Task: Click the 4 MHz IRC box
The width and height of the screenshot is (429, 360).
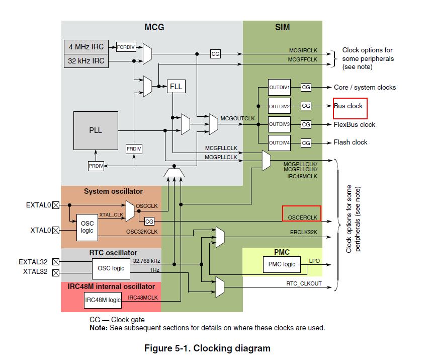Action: tap(87, 47)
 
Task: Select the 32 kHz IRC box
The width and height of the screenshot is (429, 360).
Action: tap(87, 61)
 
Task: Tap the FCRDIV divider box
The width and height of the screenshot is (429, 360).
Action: tap(126, 47)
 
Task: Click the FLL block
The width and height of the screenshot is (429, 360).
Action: tap(176, 86)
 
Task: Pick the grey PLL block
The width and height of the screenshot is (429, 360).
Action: tap(96, 130)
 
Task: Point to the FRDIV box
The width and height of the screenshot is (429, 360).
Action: tap(134, 149)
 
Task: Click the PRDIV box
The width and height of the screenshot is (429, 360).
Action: tap(96, 165)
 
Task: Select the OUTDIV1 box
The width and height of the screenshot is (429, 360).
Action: tap(279, 88)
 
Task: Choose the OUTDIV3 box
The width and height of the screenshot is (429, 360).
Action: tap(279, 124)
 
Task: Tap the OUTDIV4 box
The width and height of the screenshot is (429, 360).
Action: tap(279, 143)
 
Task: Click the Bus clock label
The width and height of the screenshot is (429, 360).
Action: tap(348, 106)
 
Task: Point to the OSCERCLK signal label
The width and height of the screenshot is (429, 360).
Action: tap(303, 217)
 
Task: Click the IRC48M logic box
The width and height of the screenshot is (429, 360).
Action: tap(103, 300)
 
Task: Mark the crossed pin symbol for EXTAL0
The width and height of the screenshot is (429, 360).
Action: tap(56, 205)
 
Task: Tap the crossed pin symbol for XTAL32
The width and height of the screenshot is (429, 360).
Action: tap(56, 272)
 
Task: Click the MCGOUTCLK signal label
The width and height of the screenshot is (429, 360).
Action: tap(237, 118)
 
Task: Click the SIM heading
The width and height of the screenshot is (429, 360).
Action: tap(283, 27)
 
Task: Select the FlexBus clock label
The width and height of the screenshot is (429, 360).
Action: tap(354, 124)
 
